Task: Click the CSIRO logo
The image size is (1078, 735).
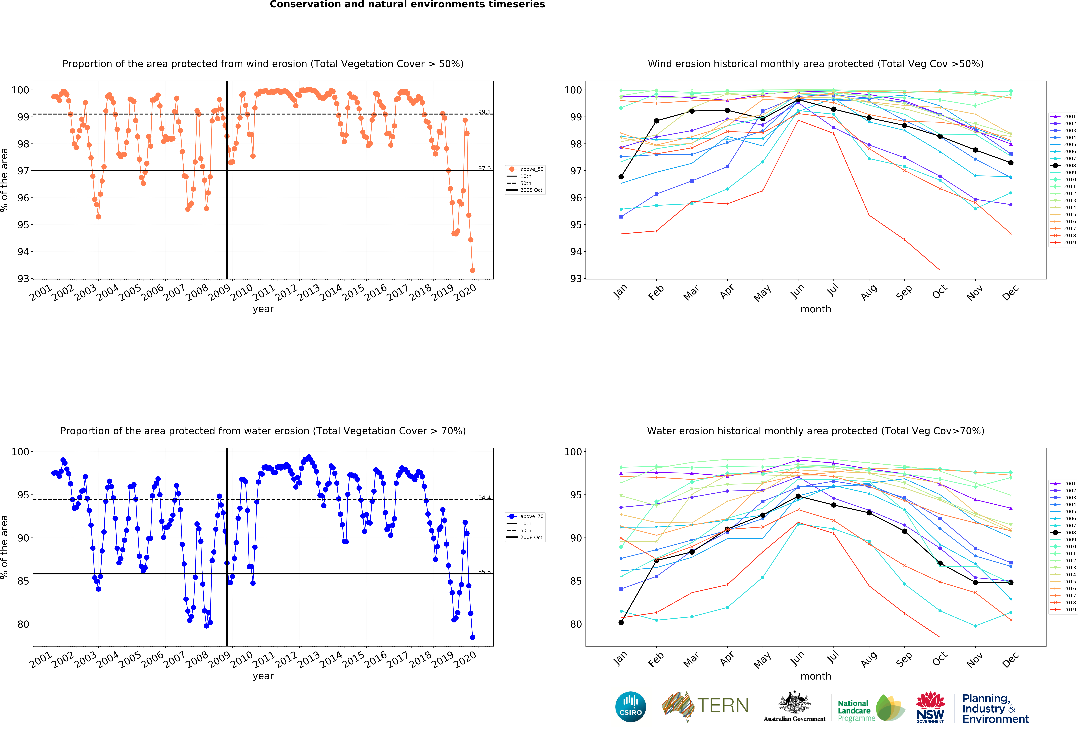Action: pyautogui.click(x=630, y=707)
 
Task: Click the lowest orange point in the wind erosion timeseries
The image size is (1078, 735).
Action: pyautogui.click(x=472, y=270)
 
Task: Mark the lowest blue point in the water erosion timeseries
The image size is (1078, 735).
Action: pyautogui.click(x=472, y=637)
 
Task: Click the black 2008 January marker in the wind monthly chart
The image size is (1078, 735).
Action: pyautogui.click(x=621, y=177)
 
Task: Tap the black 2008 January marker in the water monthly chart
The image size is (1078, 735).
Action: pyautogui.click(x=621, y=622)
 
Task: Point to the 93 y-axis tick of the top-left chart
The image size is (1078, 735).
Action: pyautogui.click(x=23, y=278)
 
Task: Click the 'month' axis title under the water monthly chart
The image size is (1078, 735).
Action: pyautogui.click(x=815, y=676)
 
